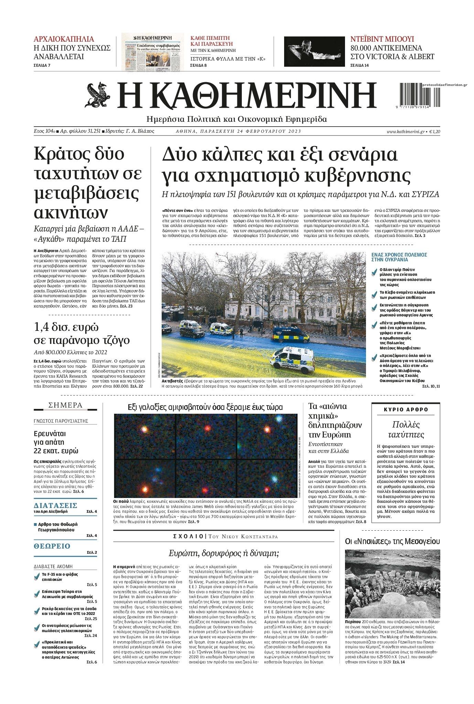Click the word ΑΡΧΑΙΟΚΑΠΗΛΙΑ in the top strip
point(64,39)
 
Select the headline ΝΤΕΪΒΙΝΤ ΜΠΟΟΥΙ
point(382,39)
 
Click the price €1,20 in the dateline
point(434,131)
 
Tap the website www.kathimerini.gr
point(406,131)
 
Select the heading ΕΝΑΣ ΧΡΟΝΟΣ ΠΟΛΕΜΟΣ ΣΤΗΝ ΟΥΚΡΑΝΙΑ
point(399,257)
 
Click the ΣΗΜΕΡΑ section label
point(65,405)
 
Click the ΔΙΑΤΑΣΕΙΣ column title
point(55,505)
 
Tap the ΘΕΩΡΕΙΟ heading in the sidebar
point(52,546)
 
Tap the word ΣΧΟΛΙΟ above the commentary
point(188,537)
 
